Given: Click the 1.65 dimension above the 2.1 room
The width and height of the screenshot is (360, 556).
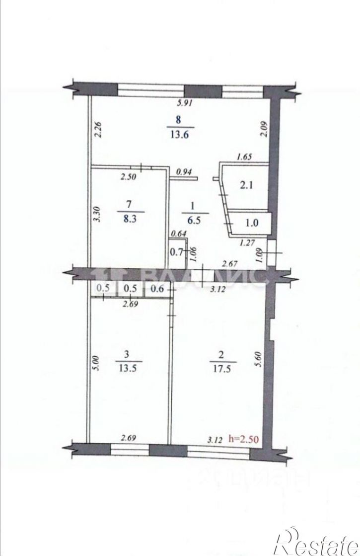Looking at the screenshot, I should (245, 157).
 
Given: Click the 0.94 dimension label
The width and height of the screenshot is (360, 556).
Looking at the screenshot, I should (185, 172).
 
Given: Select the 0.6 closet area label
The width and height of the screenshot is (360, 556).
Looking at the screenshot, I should (156, 288).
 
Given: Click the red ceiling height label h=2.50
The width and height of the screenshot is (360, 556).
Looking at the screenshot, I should (244, 439).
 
